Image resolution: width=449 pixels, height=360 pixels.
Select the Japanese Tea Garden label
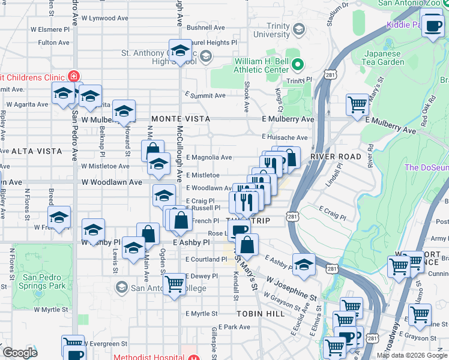click(384, 58)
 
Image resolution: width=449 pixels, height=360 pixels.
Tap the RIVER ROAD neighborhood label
click(336, 157)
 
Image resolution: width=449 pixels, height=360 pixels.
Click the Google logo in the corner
click(19, 353)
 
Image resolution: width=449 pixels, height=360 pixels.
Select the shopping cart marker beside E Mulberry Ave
click(357, 104)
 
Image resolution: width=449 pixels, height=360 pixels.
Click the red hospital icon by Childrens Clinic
click(74, 76)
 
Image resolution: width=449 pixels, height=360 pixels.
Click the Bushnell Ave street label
click(206, 28)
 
